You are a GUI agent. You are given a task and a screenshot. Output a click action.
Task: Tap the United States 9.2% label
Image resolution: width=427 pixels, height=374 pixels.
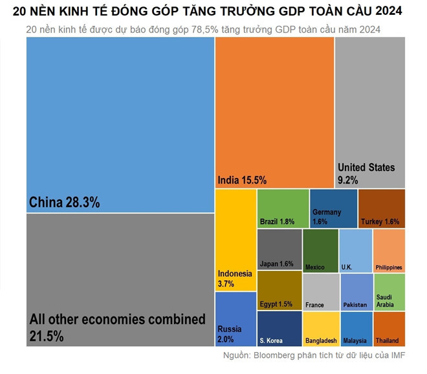point(366,173)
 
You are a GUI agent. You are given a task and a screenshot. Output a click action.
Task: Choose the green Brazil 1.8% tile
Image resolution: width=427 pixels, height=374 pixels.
point(283,208)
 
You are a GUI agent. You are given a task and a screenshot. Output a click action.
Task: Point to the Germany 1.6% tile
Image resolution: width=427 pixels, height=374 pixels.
point(333,208)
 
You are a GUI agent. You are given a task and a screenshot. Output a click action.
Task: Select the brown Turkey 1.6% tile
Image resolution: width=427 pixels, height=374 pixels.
point(381,208)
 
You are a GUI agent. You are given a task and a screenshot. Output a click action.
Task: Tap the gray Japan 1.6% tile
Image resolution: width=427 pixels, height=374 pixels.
point(279,249)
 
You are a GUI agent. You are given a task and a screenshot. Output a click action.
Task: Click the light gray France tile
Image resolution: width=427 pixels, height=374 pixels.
point(320,292)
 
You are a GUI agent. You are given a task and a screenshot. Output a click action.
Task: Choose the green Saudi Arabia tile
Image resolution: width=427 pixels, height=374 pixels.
point(389,292)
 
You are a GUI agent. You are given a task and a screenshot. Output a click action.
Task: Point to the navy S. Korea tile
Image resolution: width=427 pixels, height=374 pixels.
point(279,329)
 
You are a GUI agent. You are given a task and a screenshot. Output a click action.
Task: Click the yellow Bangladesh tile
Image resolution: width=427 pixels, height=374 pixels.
point(320,329)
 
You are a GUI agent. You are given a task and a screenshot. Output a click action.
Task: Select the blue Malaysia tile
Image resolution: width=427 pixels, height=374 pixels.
point(355,329)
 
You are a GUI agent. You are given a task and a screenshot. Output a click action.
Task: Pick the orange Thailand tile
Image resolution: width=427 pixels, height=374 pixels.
point(389,329)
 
